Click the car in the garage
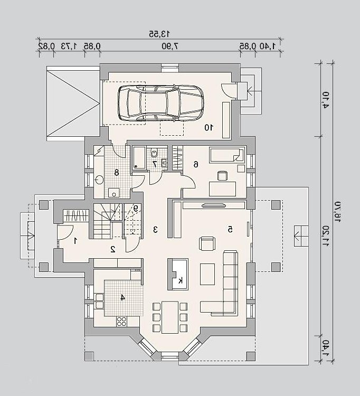160,102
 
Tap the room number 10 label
209,128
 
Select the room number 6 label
196,165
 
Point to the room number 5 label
230,229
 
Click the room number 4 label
122,297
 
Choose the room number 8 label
116,173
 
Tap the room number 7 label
155,164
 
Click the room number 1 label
75,241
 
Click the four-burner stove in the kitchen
121,321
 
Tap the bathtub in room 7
139,157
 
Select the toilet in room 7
154,153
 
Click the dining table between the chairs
170,317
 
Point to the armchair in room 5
207,244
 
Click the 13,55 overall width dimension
159,33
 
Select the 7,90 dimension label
170,46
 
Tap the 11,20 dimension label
326,237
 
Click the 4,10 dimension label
326,100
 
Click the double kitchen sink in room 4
99,301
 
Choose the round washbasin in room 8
99,180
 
